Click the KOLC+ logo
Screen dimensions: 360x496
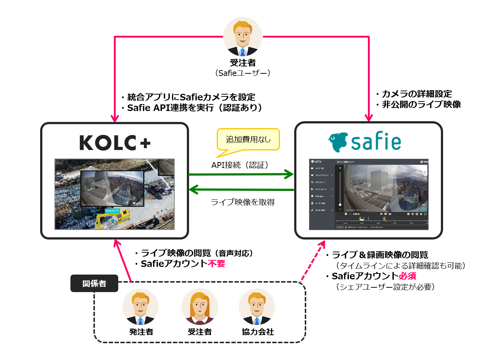(115, 143)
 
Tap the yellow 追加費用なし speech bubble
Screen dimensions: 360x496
(248, 139)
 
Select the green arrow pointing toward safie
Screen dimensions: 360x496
(241, 174)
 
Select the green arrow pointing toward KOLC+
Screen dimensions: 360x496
(241, 189)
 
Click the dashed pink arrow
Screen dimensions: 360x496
(312, 261)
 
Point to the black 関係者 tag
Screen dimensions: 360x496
(94, 283)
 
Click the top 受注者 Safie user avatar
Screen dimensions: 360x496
(243, 37)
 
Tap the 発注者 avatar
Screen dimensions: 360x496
(141, 307)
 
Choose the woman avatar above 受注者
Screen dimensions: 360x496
(200, 307)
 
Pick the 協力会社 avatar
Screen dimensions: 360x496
(257, 307)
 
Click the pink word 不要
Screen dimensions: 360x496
(216, 264)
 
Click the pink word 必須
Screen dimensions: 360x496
(407, 276)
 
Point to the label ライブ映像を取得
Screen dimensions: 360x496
(243, 202)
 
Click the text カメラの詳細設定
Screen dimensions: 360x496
(417, 94)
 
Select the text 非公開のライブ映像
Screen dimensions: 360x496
(421, 104)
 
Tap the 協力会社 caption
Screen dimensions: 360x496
(258, 332)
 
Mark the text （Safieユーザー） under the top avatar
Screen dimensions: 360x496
(243, 73)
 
